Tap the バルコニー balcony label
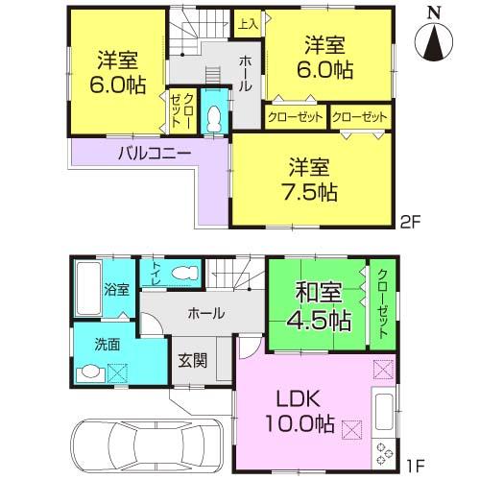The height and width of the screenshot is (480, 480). pos(155,153)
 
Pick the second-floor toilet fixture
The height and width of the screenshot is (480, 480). pos(215,117)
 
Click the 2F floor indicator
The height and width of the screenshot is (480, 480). pos(410,219)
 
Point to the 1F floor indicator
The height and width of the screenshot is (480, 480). pos(413,468)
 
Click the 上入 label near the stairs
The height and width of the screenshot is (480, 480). pos(247,23)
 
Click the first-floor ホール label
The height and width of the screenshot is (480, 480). pos(206,314)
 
